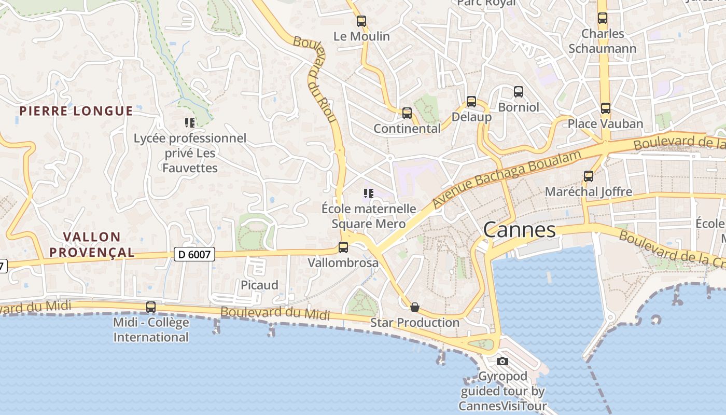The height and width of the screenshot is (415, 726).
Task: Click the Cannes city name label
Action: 519,229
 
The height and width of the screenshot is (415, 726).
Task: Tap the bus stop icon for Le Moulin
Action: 361,21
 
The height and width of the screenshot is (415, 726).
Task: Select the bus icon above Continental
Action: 407,113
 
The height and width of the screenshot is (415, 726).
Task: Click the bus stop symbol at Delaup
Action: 471,102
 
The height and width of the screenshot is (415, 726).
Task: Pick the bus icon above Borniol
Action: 518,92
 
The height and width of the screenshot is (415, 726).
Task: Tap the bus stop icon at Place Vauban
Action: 605,108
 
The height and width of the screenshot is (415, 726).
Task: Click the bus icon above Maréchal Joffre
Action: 589,176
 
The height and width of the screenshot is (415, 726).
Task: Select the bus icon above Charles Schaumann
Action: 602,18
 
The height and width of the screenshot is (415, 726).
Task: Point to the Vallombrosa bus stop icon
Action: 343,247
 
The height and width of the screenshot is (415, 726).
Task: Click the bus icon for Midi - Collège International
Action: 151,307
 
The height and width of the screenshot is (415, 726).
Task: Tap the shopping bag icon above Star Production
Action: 414,308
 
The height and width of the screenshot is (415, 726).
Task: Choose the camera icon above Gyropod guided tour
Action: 502,361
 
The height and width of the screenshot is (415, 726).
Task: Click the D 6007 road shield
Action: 194,254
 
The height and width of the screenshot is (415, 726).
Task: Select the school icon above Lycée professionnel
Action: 190,123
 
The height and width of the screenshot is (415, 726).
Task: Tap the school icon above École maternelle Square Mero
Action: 369,193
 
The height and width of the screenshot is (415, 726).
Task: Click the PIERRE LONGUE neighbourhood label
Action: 76,111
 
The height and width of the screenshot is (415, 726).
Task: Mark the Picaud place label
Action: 259,285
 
